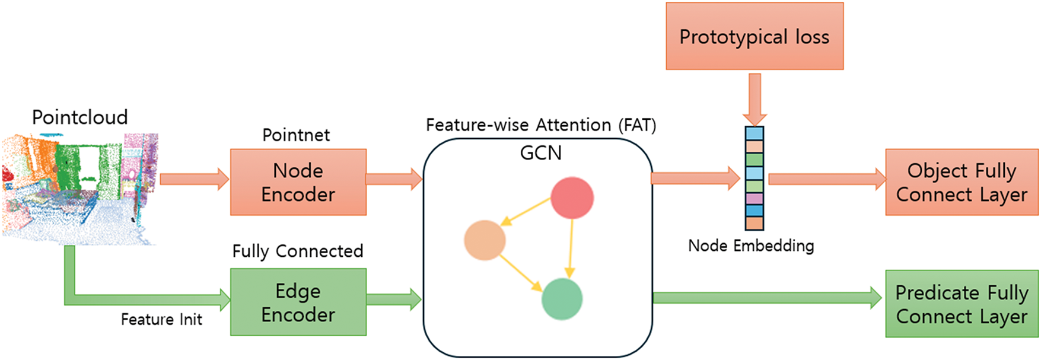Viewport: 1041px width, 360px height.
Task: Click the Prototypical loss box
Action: [x=754, y=37]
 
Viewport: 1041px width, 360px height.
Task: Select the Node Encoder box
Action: [x=298, y=182]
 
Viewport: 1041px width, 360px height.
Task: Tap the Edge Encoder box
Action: [x=298, y=302]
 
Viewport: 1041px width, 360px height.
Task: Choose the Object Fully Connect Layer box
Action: [x=962, y=182]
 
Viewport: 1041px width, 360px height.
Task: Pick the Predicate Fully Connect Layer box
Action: [x=962, y=304]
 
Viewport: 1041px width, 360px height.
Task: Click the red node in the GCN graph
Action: [x=572, y=198]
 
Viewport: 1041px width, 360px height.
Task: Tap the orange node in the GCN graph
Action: [x=485, y=240]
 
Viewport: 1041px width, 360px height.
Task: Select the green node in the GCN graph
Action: [x=562, y=300]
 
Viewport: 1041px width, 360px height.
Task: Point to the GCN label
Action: [x=540, y=153]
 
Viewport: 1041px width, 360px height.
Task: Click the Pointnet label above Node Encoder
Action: [x=296, y=135]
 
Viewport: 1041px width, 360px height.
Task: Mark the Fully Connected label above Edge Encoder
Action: [x=297, y=251]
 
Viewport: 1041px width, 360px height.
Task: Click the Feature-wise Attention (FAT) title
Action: [x=540, y=125]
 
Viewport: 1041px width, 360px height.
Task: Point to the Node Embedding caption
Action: [x=751, y=246]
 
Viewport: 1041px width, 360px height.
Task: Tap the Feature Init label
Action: [x=161, y=320]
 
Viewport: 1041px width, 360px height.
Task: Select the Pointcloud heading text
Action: [x=79, y=117]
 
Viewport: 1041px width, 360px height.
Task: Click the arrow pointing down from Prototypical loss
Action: [x=755, y=98]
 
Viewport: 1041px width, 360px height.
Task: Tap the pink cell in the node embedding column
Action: [x=755, y=199]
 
